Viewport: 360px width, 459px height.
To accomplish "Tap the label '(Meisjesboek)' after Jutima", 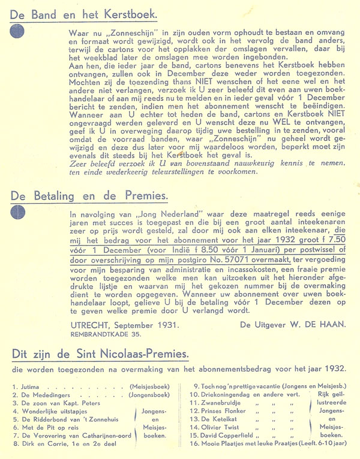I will tap(149, 388).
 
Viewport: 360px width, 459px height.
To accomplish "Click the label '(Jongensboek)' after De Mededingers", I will tap(150, 397).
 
